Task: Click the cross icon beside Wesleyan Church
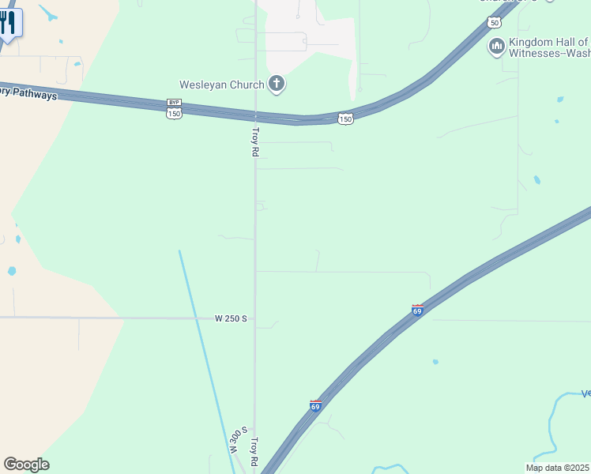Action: (x=277, y=83)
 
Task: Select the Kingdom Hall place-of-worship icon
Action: (x=497, y=47)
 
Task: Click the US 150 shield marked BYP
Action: (x=174, y=114)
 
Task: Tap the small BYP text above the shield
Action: (x=174, y=103)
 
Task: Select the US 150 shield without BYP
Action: (x=345, y=118)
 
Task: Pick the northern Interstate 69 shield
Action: (x=417, y=310)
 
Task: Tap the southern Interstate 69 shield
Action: (x=315, y=406)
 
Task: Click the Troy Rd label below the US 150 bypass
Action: (x=255, y=141)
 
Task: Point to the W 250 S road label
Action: (x=232, y=318)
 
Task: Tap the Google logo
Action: (x=26, y=465)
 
